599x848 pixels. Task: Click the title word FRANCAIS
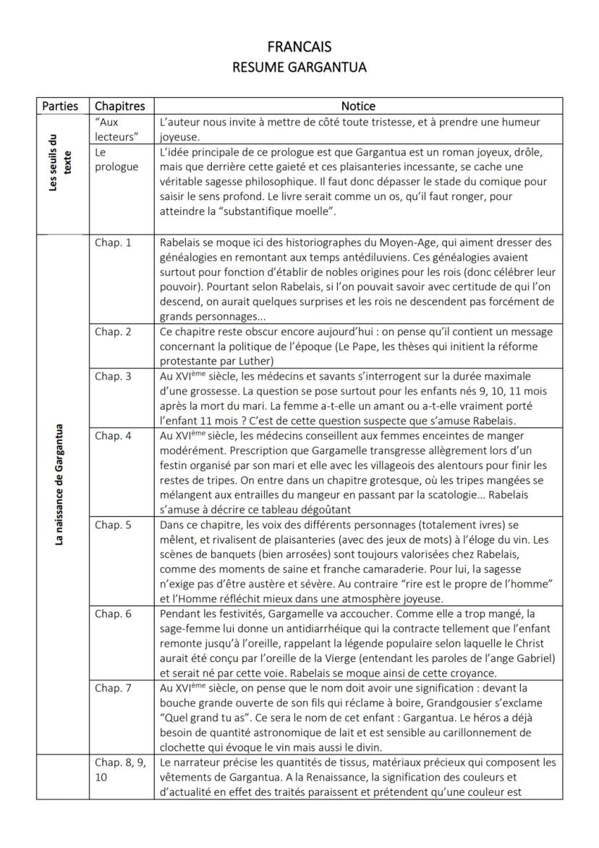299,47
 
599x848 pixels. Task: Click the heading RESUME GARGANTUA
299,68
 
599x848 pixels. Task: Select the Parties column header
60,106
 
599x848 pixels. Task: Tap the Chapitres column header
120,106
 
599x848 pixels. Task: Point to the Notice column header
358,106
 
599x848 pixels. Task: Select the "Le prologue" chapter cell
116,160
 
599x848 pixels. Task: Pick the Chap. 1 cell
114,243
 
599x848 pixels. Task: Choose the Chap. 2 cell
114,332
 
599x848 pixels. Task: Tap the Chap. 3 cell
114,377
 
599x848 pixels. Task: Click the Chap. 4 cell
114,436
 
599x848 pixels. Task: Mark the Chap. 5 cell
114,524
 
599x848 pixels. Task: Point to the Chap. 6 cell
114,613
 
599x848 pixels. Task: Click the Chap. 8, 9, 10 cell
120,769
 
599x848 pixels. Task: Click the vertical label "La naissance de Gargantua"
59,485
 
